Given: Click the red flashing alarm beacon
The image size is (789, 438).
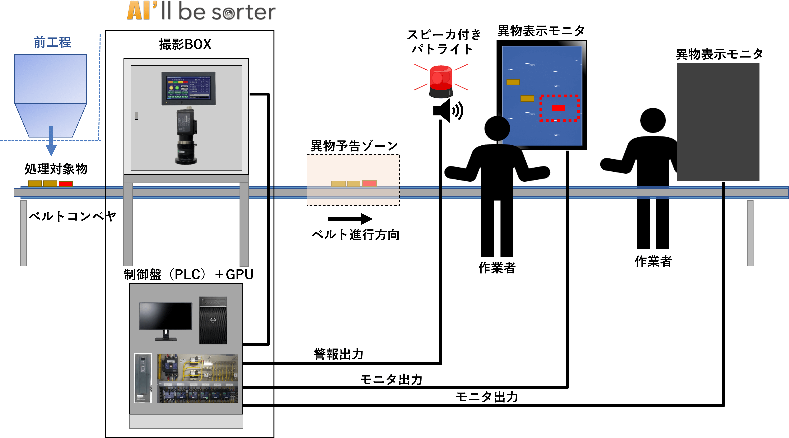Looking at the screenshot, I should pyautogui.click(x=441, y=81).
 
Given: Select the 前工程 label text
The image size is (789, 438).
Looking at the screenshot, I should pyautogui.click(x=52, y=42).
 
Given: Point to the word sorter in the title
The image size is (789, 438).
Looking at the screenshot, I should pyautogui.click(x=244, y=12).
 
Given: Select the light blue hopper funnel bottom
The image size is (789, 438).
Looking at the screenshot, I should pyautogui.click(x=51, y=119).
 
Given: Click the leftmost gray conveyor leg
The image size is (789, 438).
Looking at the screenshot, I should pyautogui.click(x=24, y=233).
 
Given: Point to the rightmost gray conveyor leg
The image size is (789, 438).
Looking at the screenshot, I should pyautogui.click(x=750, y=233).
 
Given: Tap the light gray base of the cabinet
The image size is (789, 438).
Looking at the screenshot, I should pyautogui.click(x=186, y=422).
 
